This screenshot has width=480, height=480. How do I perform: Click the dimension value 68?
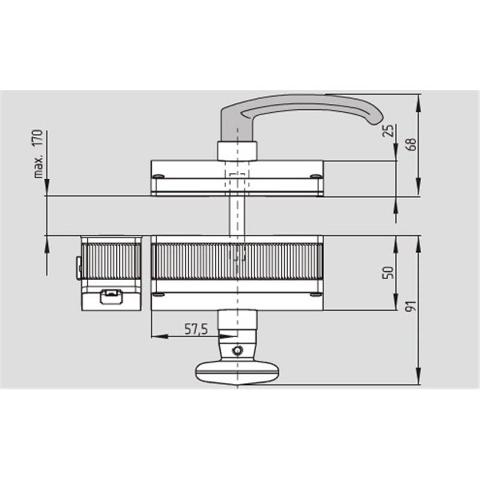point(412,144)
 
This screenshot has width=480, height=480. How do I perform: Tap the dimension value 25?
point(388,131)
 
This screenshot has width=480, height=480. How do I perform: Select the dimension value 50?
point(388,273)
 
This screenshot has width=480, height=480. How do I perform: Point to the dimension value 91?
point(411,306)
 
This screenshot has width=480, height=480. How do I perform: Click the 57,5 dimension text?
point(196,329)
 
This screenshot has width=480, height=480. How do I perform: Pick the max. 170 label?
point(38,154)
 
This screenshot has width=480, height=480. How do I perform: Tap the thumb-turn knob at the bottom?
point(237,373)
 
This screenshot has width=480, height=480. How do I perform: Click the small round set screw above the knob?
point(237,350)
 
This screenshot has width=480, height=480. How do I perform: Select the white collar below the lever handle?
point(237,151)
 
